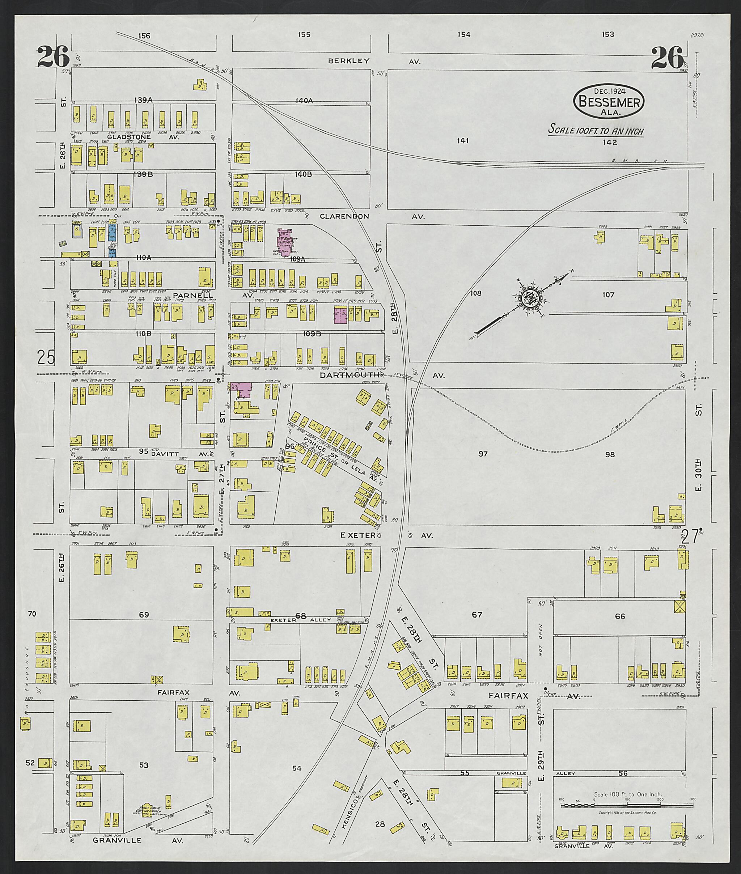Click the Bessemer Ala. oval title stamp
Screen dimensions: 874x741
pyautogui.click(x=609, y=101)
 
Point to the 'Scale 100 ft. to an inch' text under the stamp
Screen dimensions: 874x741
pyautogui.click(x=596, y=131)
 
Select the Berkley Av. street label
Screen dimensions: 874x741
pyautogui.click(x=374, y=61)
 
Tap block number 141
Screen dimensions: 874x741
pyautogui.click(x=463, y=141)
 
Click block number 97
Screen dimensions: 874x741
pyautogui.click(x=483, y=454)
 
